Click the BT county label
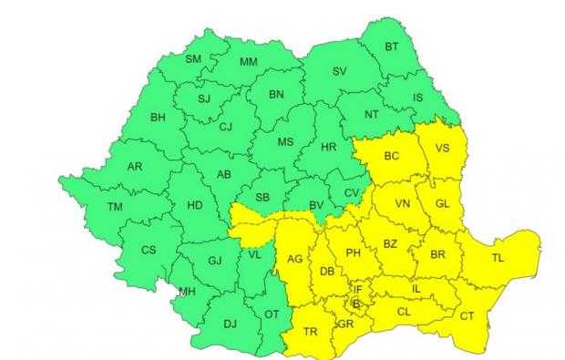coord(392,46)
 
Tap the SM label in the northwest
coord(193,59)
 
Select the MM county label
coord(248,62)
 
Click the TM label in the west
coord(115,207)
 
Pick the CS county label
coord(148,250)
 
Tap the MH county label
coord(187,292)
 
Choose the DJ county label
coord(230,323)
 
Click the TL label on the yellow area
coord(498,259)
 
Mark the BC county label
coord(392,156)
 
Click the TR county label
coord(311,332)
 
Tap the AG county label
coord(294,260)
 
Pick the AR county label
coord(135,167)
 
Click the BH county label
coord(159,118)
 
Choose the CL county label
coord(404,311)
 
